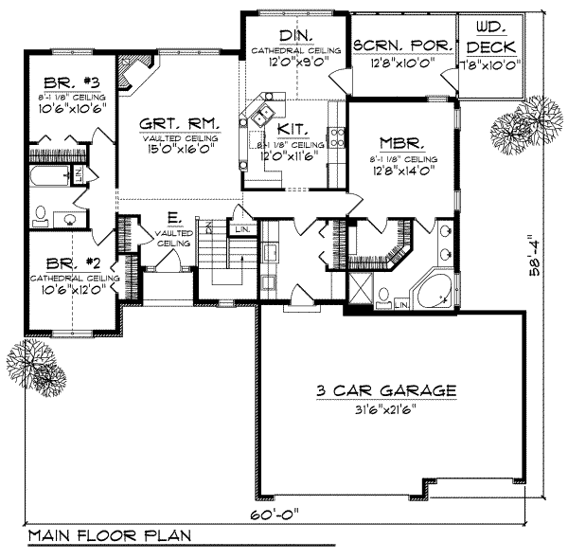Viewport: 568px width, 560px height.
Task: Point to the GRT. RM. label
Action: tap(180, 123)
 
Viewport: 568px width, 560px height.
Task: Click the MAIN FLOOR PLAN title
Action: tap(109, 536)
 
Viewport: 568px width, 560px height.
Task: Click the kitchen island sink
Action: tap(258, 116)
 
